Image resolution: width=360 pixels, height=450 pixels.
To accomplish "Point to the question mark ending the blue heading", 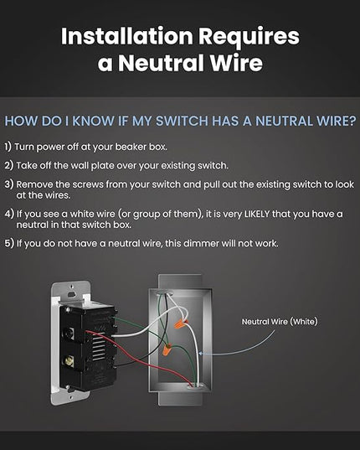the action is pos(352,121).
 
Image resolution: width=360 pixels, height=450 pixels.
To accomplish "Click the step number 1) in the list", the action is pos(8,147).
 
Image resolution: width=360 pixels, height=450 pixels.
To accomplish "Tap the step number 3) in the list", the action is pos(9,184).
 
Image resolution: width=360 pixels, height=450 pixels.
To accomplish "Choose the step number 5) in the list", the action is pos(9,243).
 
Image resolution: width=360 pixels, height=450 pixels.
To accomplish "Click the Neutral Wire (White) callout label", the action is pos(280,322).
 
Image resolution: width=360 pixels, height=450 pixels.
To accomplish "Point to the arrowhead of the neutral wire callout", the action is pos(201,354).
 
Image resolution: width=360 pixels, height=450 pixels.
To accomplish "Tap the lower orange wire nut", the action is pos(167,349).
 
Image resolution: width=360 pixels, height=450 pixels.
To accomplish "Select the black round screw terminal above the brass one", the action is pos(69,334).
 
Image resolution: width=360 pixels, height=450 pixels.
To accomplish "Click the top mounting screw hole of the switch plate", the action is pos(72,294).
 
